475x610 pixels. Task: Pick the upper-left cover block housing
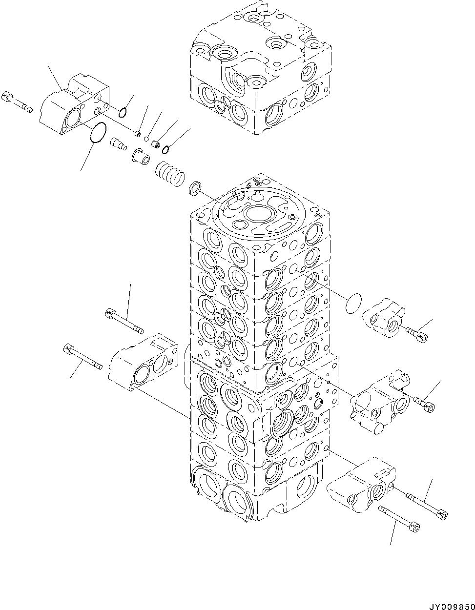[73, 105]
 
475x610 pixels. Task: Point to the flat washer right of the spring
[196, 187]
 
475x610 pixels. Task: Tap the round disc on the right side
[353, 304]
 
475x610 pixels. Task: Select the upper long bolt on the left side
[124, 321]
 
